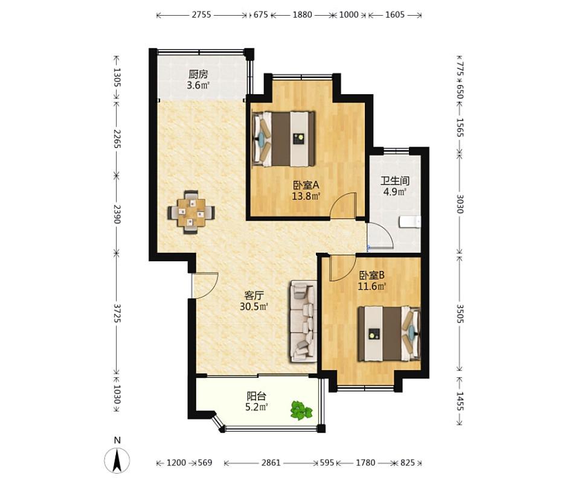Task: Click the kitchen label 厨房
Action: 198,74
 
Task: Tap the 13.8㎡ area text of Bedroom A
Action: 306,196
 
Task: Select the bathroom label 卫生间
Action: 395,181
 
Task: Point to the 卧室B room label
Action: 372,275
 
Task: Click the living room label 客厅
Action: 254,295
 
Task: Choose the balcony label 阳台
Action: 256,397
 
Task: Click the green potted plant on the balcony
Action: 301,410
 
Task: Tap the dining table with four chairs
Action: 191,212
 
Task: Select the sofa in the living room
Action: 303,321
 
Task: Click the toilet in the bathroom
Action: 410,221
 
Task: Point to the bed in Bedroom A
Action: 284,139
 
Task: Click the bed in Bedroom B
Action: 390,334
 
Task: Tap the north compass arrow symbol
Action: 117,460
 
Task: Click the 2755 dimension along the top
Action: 201,14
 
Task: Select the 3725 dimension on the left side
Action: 117,313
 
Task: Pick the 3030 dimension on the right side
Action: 460,203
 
